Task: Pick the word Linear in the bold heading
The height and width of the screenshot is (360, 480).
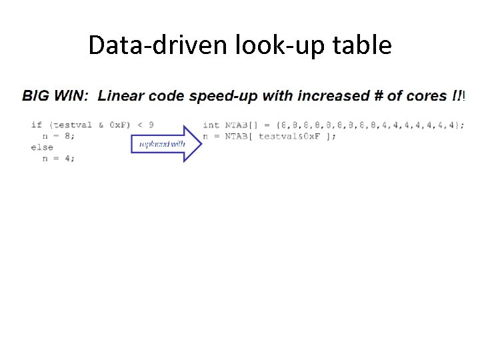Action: coord(121,95)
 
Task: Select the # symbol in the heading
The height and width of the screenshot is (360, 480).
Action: coord(378,95)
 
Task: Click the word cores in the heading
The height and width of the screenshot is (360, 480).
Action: coord(425,95)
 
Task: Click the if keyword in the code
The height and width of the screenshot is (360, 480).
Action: coord(37,125)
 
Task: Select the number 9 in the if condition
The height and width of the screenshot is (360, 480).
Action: coord(151,125)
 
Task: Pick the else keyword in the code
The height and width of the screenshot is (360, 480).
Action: coord(42,147)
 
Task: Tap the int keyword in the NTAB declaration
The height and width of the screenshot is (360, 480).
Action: coord(211,125)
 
